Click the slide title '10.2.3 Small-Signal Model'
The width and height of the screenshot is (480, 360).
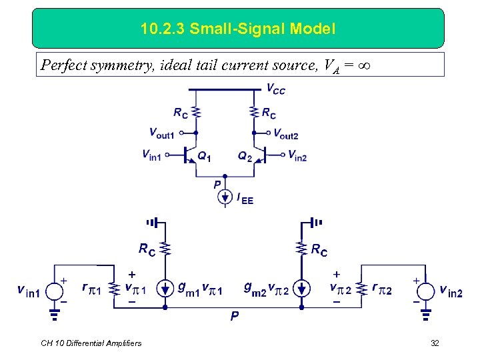pos(238,29)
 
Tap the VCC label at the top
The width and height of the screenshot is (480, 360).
pos(275,89)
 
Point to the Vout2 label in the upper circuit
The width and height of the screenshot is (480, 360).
pos(286,135)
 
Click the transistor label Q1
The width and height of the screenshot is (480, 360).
pos(205,157)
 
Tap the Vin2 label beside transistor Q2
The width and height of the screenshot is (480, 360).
pos(297,155)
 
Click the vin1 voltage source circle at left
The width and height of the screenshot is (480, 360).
pos(55,290)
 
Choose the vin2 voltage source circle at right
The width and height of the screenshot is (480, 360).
pos(427,290)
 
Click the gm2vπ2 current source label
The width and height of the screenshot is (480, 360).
pos(267,289)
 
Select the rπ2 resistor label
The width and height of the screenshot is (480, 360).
pos(383,290)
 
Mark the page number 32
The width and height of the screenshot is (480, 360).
pos(435,343)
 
